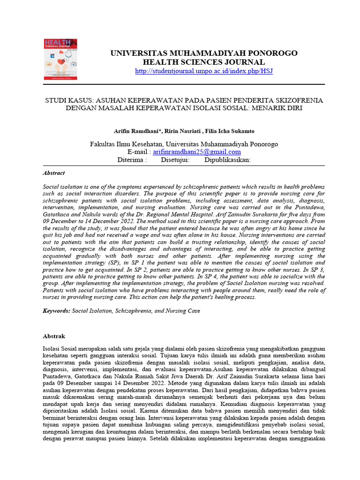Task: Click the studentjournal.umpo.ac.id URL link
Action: click(203, 71)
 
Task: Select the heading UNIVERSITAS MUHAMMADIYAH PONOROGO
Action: click(203, 53)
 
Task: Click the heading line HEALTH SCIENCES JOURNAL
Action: click(203, 62)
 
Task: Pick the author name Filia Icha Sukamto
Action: click(229, 131)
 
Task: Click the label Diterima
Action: click(132, 160)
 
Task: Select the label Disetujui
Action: click(175, 160)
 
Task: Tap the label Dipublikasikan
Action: click(227, 160)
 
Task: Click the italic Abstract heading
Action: click(54, 173)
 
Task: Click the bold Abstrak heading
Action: click(54, 337)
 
